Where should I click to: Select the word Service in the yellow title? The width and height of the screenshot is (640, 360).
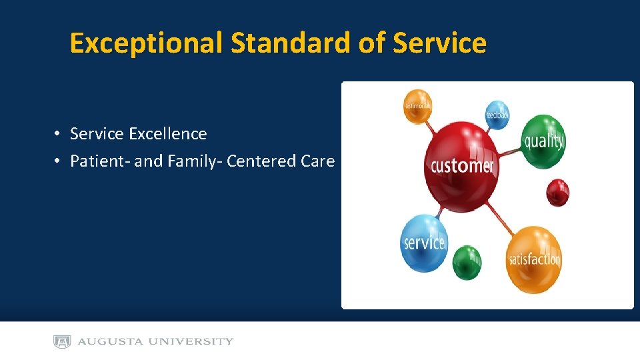[x=440, y=43]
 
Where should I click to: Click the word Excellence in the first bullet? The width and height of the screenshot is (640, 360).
[x=168, y=134]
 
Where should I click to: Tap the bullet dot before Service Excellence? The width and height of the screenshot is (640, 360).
[x=58, y=134]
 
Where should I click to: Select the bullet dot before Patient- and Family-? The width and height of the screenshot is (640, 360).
[x=58, y=161]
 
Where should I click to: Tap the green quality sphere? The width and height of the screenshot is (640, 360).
[x=543, y=141]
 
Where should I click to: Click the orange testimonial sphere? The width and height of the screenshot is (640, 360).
[x=418, y=106]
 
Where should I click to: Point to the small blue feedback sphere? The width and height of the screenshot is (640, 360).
[x=497, y=115]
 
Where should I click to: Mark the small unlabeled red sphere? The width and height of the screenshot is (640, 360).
[x=557, y=193]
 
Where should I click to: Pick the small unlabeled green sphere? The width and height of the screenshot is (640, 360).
[x=467, y=263]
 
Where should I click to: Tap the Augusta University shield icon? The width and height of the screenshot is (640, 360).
[x=62, y=341]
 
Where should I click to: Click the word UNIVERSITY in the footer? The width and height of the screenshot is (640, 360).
[x=193, y=341]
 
